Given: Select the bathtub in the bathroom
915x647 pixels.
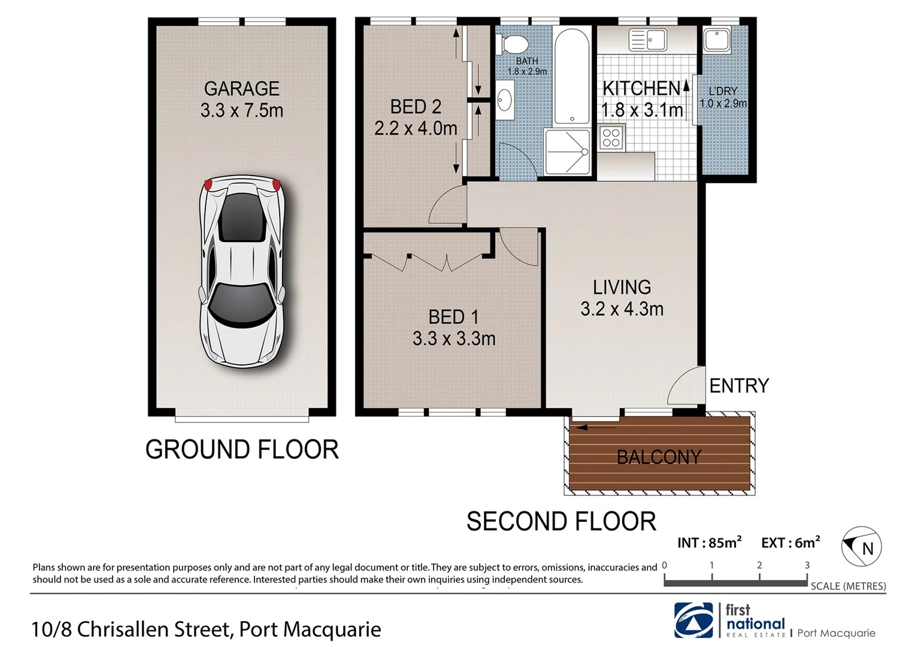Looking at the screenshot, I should click(572, 77).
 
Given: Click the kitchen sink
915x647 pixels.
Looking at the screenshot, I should click(648, 40).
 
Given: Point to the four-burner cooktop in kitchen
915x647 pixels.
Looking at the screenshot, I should click(611, 138).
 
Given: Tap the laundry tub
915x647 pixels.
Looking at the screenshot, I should click(717, 40).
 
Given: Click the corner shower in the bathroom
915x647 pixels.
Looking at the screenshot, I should click(567, 152).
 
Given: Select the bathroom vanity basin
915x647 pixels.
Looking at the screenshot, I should click(504, 99).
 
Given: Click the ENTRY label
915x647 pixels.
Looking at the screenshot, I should click(739, 386).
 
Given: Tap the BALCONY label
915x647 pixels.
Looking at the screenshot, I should click(659, 457).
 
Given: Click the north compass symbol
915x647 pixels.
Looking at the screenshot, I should click(861, 546).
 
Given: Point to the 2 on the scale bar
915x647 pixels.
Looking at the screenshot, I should click(759, 565).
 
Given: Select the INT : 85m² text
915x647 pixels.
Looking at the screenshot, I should click(709, 543).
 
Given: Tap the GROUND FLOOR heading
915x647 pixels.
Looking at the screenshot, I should click(242, 449).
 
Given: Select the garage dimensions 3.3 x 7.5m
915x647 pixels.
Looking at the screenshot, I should click(242, 110).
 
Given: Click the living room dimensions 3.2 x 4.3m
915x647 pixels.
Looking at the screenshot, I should click(622, 309).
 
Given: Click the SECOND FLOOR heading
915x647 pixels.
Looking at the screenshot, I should click(561, 521).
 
